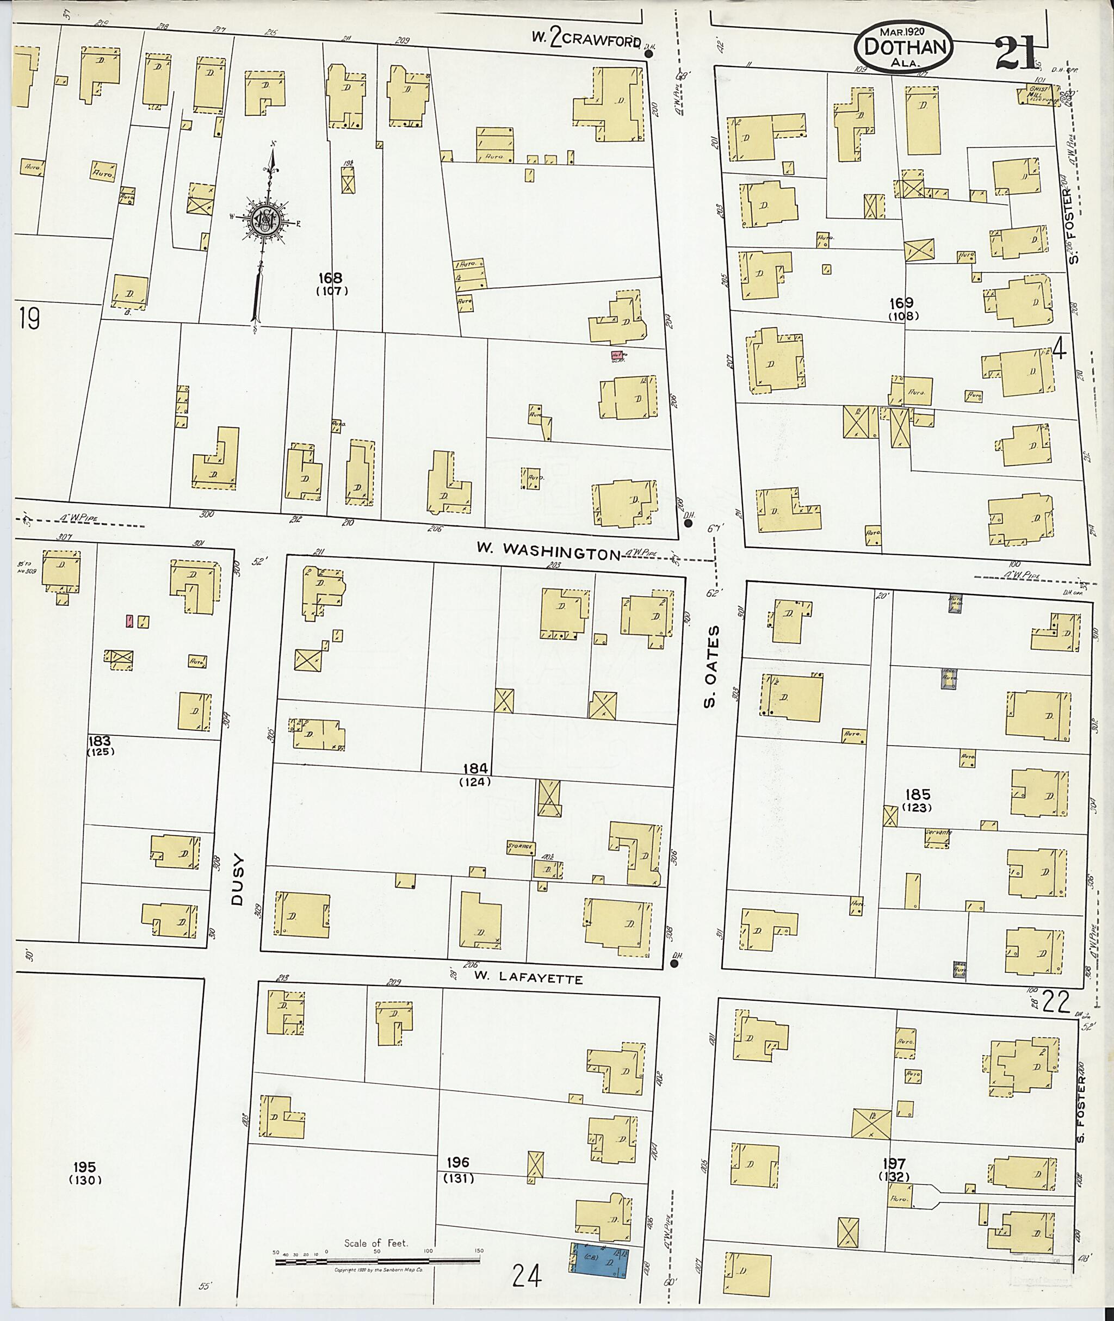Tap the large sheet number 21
(x=1014, y=53)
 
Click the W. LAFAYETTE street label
(x=528, y=979)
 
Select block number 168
(x=330, y=278)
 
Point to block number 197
(x=895, y=1163)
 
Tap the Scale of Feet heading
(x=376, y=1225)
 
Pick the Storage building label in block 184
(x=521, y=847)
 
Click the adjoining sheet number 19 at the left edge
(x=28, y=319)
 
